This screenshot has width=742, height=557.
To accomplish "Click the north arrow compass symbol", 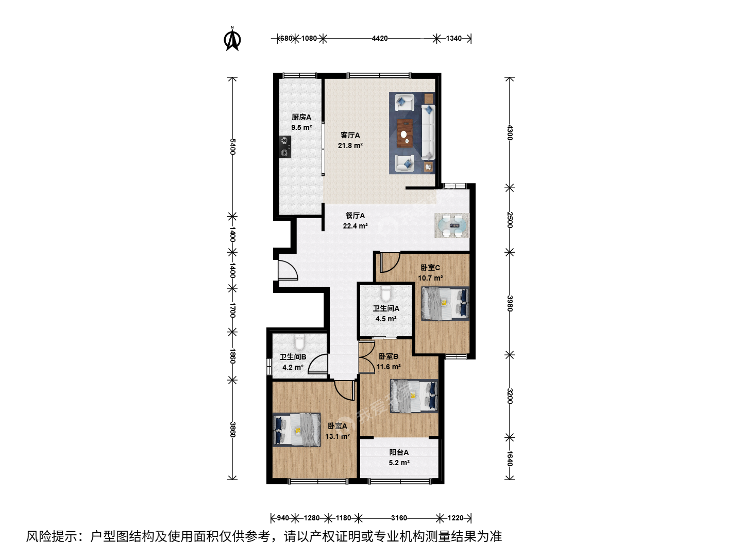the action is [232, 39].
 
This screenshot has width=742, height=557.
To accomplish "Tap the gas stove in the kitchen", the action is [285, 147].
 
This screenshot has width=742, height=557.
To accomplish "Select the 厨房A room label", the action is [301, 118].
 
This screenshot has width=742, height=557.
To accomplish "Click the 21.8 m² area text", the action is [350, 146].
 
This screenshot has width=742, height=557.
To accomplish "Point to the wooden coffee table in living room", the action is [404, 133].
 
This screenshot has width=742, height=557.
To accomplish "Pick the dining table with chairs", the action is [452, 225].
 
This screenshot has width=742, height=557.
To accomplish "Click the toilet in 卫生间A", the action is [386, 293].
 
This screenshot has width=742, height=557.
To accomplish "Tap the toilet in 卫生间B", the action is [299, 342].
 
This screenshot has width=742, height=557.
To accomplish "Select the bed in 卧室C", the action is [445, 303].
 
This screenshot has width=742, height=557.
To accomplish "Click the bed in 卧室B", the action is [414, 396].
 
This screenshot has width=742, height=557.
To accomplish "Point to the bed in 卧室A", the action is [296, 430].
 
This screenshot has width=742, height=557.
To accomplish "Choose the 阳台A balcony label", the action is [399, 452].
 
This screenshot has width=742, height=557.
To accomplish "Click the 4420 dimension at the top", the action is [380, 39].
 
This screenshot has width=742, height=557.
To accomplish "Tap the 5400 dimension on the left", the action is [232, 146].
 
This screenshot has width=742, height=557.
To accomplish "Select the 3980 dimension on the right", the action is [510, 303].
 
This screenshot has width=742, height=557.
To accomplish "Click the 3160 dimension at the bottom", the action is [399, 518].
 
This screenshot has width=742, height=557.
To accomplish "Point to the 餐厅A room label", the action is [355, 216].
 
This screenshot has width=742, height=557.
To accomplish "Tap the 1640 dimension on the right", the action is [510, 458].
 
